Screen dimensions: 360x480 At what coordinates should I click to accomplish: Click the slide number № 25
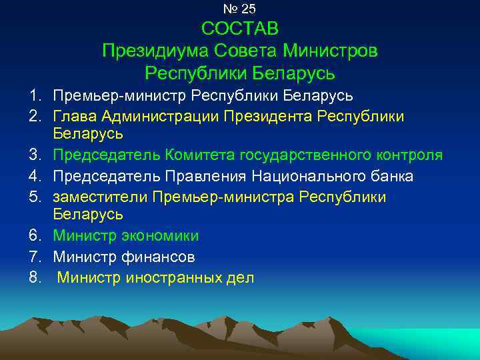coord(239,9)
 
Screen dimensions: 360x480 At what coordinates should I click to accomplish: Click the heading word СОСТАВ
coord(239,29)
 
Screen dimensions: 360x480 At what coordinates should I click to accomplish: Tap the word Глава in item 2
coord(75,117)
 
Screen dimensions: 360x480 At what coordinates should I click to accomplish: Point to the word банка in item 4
coord(390,176)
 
